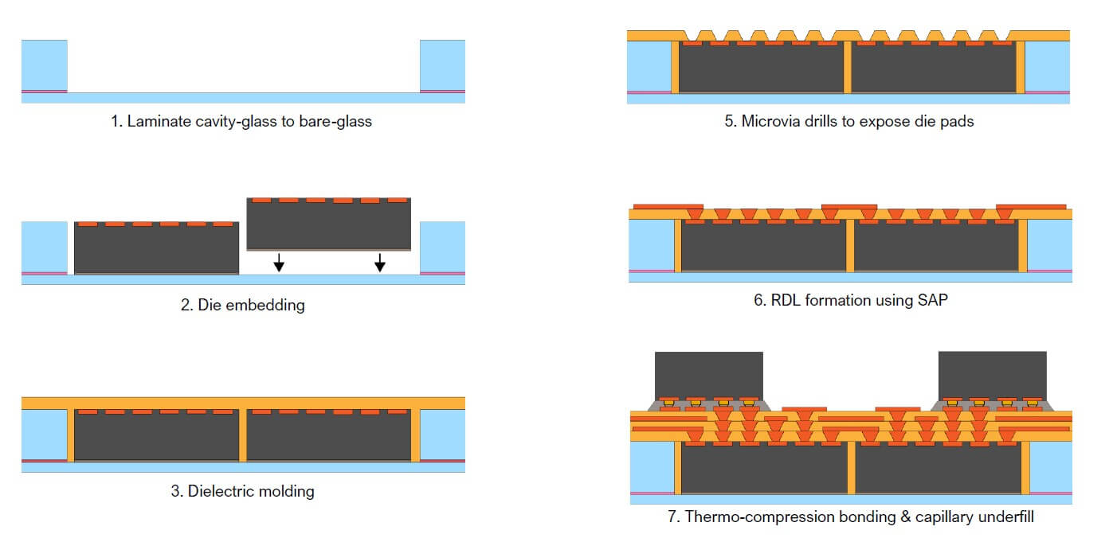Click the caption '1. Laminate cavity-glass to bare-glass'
241,122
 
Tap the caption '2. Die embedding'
242,305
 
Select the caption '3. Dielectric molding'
242,491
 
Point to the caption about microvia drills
849,122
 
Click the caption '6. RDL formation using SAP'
850,302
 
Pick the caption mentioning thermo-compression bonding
850,517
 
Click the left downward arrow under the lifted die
279,262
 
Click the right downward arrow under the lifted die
380,262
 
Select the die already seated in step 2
156,250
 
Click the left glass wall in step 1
45,65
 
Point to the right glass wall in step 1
442,65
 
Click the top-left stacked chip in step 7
708,373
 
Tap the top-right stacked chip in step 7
993,373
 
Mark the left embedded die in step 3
156,437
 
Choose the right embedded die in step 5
935,69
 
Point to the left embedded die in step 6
764,248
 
